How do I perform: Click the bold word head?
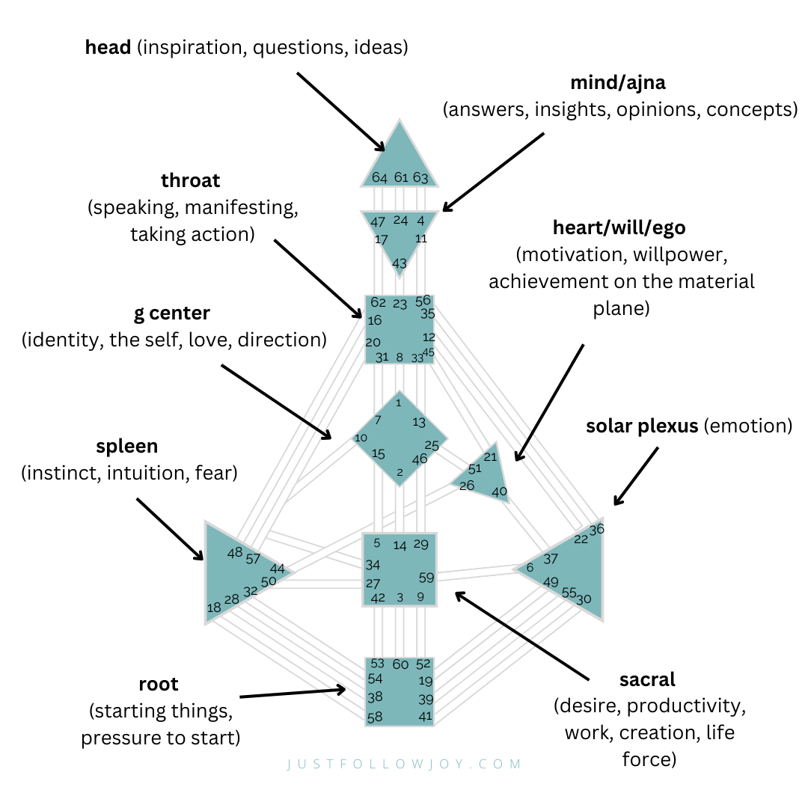pyautogui.click(x=110, y=49)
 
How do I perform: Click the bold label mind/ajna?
pyautogui.click(x=619, y=82)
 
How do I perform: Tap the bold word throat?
pyautogui.click(x=191, y=181)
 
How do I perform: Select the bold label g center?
pyautogui.click(x=172, y=313)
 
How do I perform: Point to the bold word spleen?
pyautogui.click(x=126, y=447)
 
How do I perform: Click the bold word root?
pyautogui.click(x=159, y=684)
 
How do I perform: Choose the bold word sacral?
pyautogui.click(x=647, y=680)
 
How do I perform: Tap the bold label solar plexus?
pyautogui.click(x=642, y=426)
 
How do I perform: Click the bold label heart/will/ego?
pyautogui.click(x=619, y=227)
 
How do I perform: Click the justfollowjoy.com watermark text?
pyautogui.click(x=404, y=764)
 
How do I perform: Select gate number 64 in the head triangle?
pyautogui.click(x=380, y=178)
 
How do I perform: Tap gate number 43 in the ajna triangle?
pyautogui.click(x=400, y=263)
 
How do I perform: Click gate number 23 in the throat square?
pyautogui.click(x=400, y=304)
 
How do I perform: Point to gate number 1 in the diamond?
pyautogui.click(x=399, y=403)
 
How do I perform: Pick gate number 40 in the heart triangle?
pyautogui.click(x=500, y=492)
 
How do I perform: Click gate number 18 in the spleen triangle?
pyautogui.click(x=214, y=607)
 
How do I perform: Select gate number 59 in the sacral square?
pyautogui.click(x=426, y=578)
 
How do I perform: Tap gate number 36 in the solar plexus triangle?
pyautogui.click(x=596, y=529)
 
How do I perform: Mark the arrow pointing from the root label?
pyautogui.click(x=293, y=693)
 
